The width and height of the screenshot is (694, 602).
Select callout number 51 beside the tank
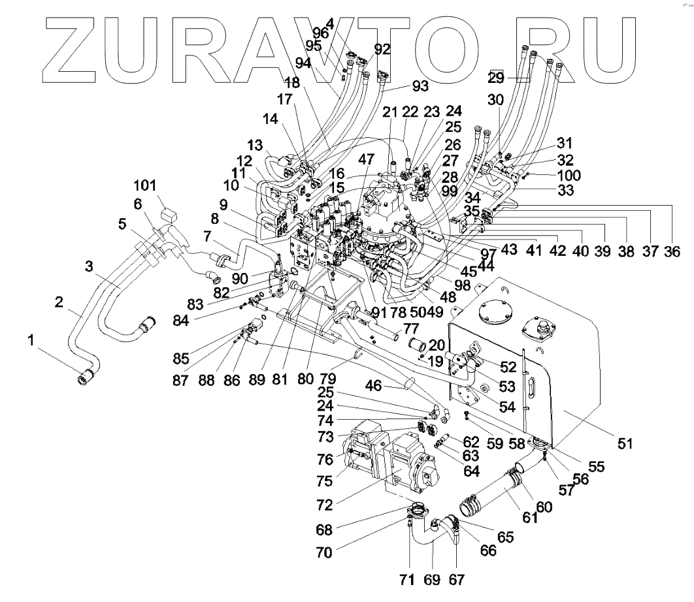pyautogui.click(x=625, y=443)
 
